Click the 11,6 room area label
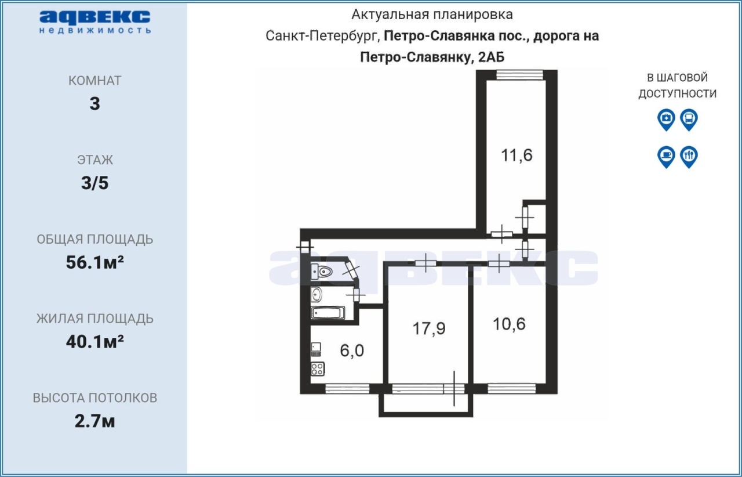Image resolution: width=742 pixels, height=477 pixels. pos(517,156)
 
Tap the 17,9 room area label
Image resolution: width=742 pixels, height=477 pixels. pos(428,328)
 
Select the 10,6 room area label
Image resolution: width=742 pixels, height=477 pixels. pos(509,324)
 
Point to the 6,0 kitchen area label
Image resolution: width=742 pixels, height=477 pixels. pos(352,350)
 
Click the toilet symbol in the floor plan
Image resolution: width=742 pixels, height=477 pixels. pos(322,272)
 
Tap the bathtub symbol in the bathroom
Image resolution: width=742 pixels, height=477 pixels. pos(328,313)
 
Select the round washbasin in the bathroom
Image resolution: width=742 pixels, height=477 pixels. pos(317,295)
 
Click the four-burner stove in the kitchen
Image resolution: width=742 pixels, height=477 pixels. pos(318,369)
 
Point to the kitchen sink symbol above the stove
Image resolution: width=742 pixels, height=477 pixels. pos(316,349)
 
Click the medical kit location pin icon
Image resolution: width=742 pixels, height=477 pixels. pos(666,120)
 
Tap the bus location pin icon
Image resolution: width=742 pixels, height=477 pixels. pos(689,120)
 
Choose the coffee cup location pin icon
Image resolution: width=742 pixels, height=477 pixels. pos(666,157)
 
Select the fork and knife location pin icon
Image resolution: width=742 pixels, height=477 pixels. pos(689,157)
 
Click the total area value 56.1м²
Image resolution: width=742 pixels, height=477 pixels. pos(94,262)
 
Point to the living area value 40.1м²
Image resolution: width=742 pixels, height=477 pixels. pos(94,342)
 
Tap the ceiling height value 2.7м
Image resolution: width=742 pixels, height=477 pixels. pos(94,421)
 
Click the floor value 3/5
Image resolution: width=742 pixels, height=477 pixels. pos(94,183)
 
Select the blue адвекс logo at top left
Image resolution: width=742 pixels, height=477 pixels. pos(94,22)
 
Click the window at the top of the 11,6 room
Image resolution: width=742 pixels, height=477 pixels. pos(519,75)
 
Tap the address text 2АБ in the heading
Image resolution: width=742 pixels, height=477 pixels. pos(491,57)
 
